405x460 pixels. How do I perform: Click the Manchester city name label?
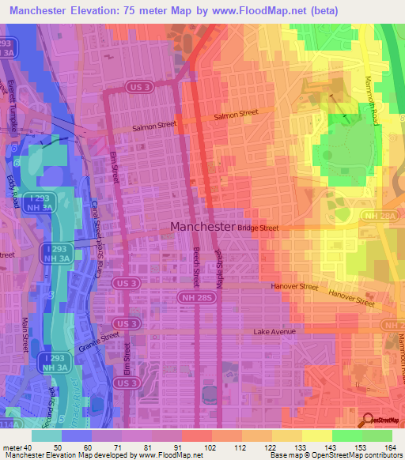click(x=202, y=226)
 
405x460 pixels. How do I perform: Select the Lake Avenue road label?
click(x=274, y=331)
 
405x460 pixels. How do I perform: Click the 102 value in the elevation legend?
click(x=210, y=447)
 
